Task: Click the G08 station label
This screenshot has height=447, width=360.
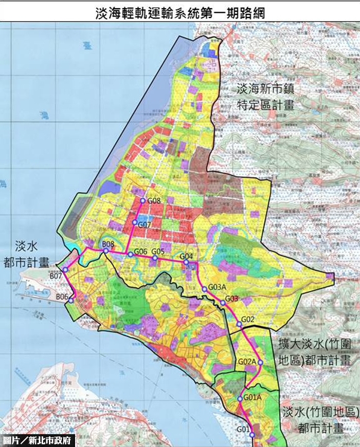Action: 154,201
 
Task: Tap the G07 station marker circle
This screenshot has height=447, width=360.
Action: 134,222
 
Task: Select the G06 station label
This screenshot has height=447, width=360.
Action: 141,251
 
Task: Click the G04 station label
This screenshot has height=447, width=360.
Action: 186,256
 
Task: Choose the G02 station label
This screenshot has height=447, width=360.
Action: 248,319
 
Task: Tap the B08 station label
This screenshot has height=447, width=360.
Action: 108,244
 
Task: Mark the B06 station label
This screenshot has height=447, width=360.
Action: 62,296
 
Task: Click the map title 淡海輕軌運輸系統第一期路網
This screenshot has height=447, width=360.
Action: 180,13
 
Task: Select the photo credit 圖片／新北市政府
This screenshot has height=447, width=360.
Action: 38,440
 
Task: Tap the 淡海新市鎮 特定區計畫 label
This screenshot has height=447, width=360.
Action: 265,97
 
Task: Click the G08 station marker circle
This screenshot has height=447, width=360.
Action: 142,200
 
